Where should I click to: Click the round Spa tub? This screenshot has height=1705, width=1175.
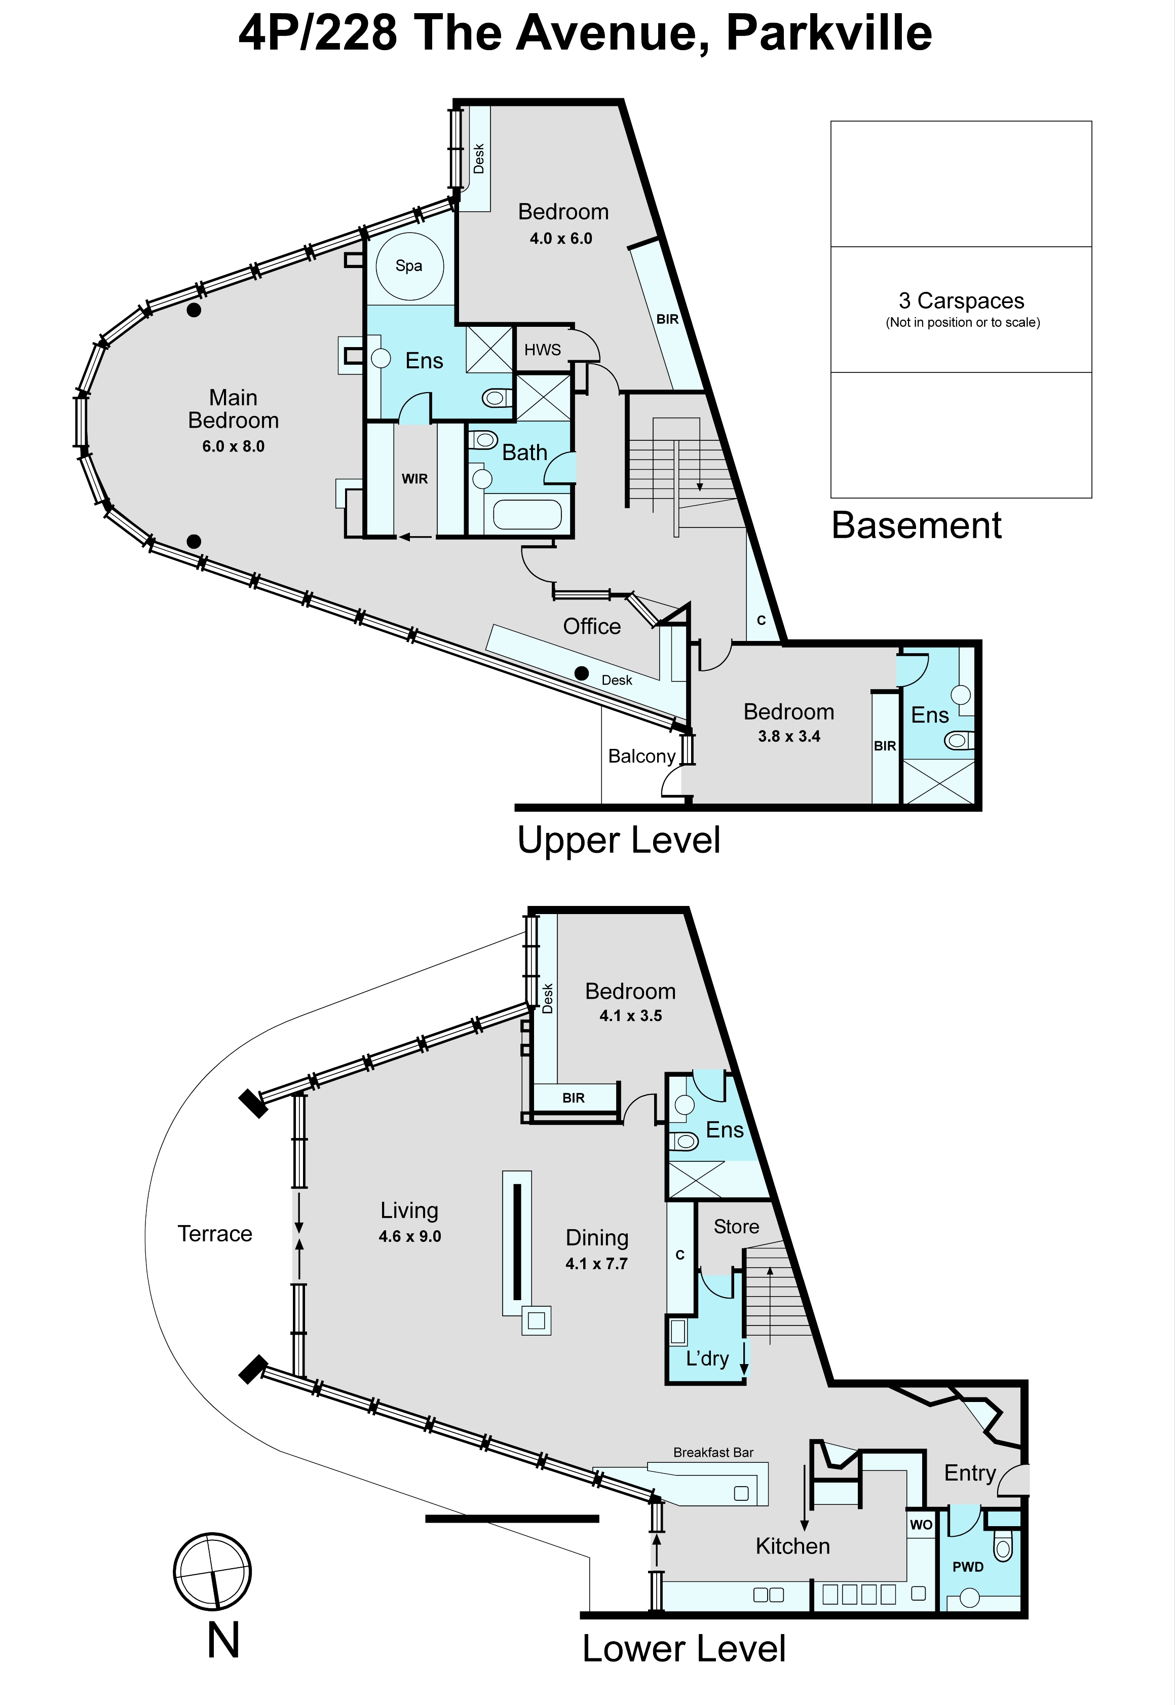pos(409,266)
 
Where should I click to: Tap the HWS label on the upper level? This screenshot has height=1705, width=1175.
pos(543,350)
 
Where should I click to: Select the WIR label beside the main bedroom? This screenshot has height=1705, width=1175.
pos(414,478)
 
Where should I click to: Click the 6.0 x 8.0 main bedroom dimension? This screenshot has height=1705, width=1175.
pos(234,446)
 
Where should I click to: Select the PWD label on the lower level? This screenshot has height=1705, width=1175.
pos(968,1567)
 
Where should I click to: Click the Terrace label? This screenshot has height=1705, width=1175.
pos(215,1233)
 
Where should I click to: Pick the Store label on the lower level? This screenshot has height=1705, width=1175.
pos(736,1227)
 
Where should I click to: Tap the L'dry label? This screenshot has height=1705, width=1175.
pos(707,1358)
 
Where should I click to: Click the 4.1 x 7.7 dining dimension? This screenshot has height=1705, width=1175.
pos(596,1264)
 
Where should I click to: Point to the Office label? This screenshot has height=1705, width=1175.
pos(592,626)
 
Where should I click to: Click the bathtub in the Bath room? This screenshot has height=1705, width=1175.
pos(527,515)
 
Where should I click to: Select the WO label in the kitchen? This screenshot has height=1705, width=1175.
pos(921,1525)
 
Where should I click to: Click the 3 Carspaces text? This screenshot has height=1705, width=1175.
pos(962,300)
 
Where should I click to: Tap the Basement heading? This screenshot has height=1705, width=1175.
pos(917,525)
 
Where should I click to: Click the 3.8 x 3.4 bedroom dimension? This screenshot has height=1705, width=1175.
pos(789,736)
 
